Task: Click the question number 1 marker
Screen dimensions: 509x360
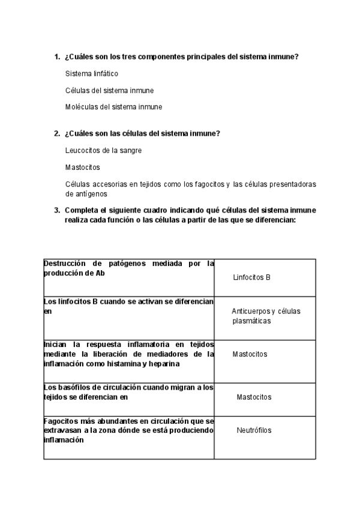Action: coord(56,57)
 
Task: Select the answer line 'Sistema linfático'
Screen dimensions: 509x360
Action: coord(92,74)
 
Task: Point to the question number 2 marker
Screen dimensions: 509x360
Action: coord(56,133)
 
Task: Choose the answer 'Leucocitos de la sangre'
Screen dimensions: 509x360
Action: coord(103,150)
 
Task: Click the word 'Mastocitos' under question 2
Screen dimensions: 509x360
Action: coord(82,167)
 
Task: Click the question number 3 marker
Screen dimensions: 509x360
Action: coord(56,210)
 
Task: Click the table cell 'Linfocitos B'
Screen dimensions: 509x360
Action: coord(251,277)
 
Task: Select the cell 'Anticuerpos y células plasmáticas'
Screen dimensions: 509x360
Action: coord(265,316)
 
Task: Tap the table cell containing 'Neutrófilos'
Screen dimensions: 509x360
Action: coord(254,430)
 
